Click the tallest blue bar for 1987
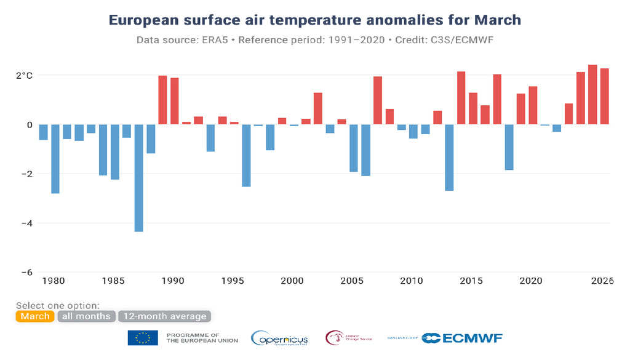click(138, 178)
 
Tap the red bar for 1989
click(163, 100)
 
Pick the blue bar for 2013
click(449, 158)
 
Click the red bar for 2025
click(592, 95)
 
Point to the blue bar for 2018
click(509, 147)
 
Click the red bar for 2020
click(533, 105)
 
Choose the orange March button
click(35, 316)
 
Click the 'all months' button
click(86, 316)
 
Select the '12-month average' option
click(164, 316)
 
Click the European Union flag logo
click(143, 338)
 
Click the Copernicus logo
click(279, 338)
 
